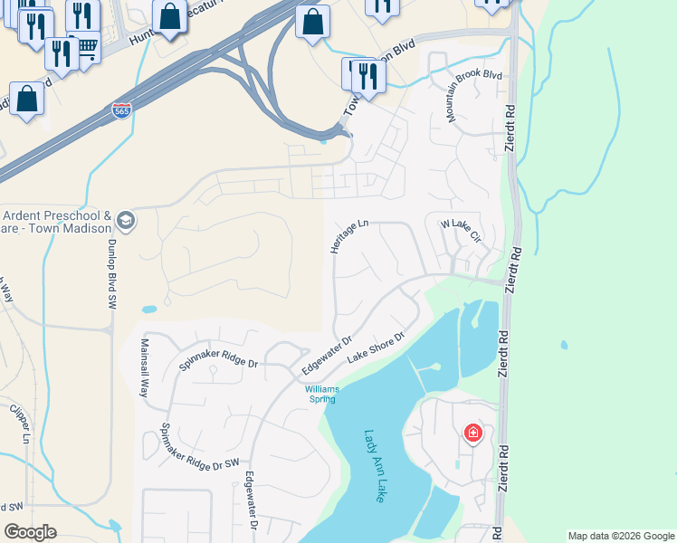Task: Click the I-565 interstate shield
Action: click(x=121, y=110)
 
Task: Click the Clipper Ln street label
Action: click(x=19, y=422)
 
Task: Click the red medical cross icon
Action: click(x=472, y=433)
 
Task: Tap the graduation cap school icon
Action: click(x=124, y=220)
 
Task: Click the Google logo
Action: click(x=30, y=532)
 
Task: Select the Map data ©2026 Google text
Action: click(x=620, y=536)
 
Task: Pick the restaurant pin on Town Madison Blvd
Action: click(x=367, y=76)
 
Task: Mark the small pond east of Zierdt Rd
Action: click(x=565, y=345)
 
